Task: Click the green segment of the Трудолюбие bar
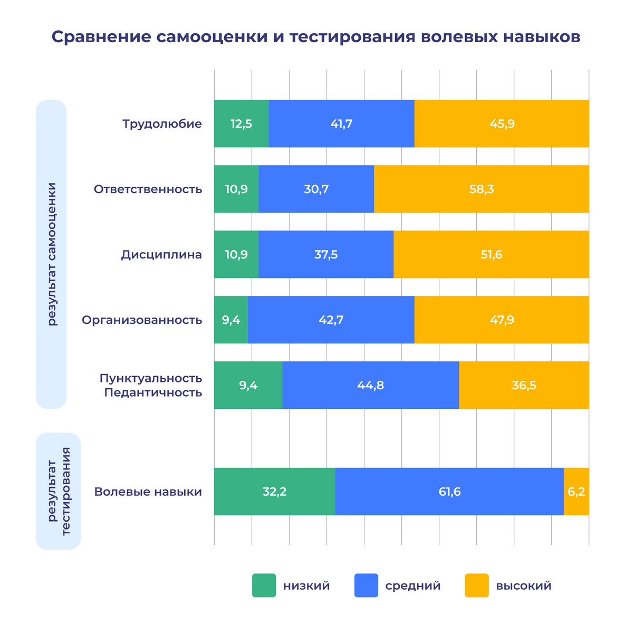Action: (x=241, y=124)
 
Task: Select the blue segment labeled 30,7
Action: (x=316, y=189)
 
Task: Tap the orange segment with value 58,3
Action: (x=481, y=189)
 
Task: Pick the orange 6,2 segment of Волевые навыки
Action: (x=576, y=492)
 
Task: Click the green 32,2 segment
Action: (x=274, y=492)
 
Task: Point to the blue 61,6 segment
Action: (x=449, y=492)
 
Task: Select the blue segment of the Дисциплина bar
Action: (x=326, y=255)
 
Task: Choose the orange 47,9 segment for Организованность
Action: (x=502, y=320)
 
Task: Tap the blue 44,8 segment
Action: (x=370, y=386)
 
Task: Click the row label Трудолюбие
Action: (x=162, y=124)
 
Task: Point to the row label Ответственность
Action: (x=148, y=189)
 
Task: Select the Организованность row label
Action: (x=142, y=320)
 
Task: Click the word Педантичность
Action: (x=153, y=393)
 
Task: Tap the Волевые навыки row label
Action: (x=148, y=492)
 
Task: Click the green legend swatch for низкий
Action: (x=264, y=586)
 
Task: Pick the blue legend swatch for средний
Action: (x=366, y=586)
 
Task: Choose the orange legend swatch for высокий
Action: (x=477, y=586)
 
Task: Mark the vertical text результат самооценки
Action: (x=52, y=254)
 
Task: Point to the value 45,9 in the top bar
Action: (x=502, y=124)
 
